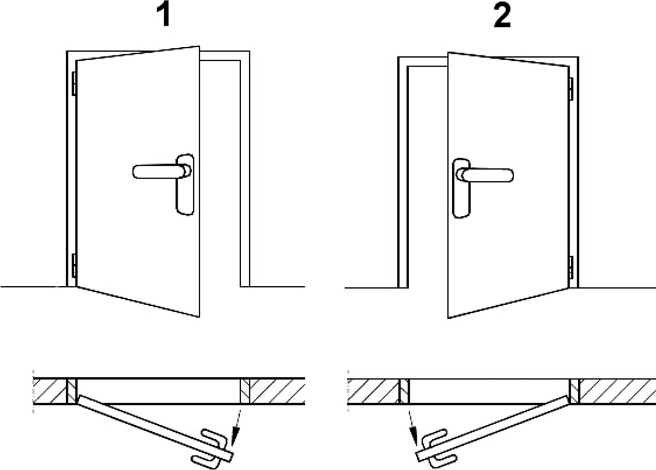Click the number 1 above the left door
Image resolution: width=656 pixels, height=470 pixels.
coord(164,15)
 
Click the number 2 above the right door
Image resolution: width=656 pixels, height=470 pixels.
coord(502,15)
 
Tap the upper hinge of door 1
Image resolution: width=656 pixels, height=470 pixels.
coord(74,83)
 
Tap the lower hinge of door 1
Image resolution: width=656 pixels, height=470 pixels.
coord(74,265)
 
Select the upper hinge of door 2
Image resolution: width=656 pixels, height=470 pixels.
coord(571,89)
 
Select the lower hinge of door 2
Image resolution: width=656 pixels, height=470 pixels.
coord(571,267)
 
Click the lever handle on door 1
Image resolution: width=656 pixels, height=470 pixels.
coord(161,171)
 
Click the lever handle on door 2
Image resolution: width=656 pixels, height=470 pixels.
coord(485,175)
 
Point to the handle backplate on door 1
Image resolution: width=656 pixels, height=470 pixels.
coord(185,185)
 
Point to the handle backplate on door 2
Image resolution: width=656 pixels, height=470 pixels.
coord(461,188)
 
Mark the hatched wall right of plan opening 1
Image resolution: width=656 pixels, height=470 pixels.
coord(277,391)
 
